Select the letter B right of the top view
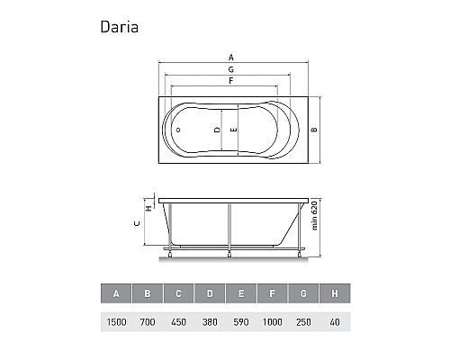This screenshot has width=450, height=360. (313, 130)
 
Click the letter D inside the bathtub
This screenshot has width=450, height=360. (217, 130)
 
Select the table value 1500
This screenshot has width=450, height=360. (116, 321)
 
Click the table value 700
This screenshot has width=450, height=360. (148, 321)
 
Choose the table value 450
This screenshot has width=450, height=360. (179, 321)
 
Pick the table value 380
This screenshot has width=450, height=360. (211, 321)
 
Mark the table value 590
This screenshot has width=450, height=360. (242, 321)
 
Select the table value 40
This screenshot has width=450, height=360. (336, 321)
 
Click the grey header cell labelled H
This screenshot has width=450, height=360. (336, 293)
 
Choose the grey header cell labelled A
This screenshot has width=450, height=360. (116, 293)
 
